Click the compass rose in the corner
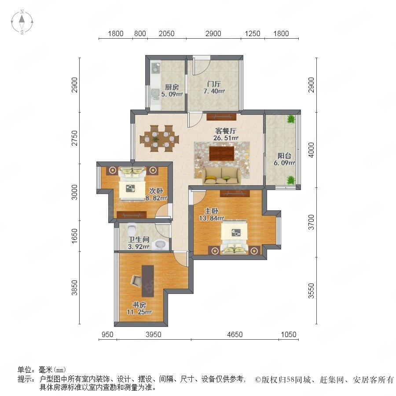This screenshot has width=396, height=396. coord(22,22)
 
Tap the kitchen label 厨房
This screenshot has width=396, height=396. coord(172,88)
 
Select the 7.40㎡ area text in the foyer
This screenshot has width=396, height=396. coord(214,91)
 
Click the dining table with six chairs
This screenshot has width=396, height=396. coord(159,139)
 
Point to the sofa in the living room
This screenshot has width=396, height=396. coord(221,176)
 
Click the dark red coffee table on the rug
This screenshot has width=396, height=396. coord(221,153)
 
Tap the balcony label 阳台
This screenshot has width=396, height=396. coord(284,156)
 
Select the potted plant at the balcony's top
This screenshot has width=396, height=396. coord(291,119)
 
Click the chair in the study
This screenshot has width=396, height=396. coord(136,280)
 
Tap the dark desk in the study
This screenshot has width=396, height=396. coord(148,281)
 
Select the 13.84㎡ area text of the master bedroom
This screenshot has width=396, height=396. coord(212,218)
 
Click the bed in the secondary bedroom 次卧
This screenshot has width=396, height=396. coord(132,183)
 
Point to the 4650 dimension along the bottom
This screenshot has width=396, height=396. coord(235,334)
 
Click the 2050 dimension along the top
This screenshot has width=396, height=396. coord(166,33)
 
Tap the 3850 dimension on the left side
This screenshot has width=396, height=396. coord(75,288)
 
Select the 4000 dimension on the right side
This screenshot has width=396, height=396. coord(312,150)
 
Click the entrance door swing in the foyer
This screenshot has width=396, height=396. coord(201,66)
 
